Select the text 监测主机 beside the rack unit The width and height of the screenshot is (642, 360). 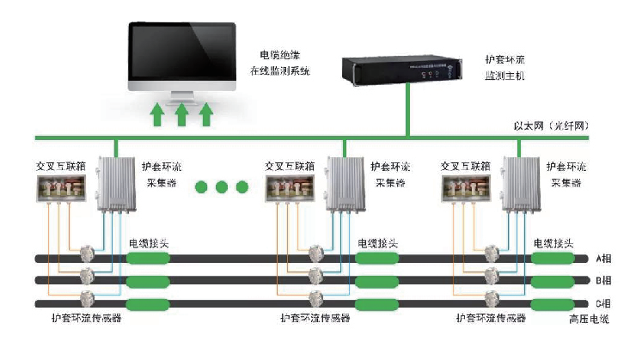(x=504, y=77)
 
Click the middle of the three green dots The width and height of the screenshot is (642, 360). (x=221, y=186)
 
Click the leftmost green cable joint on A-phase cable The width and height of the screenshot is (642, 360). (x=148, y=258)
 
